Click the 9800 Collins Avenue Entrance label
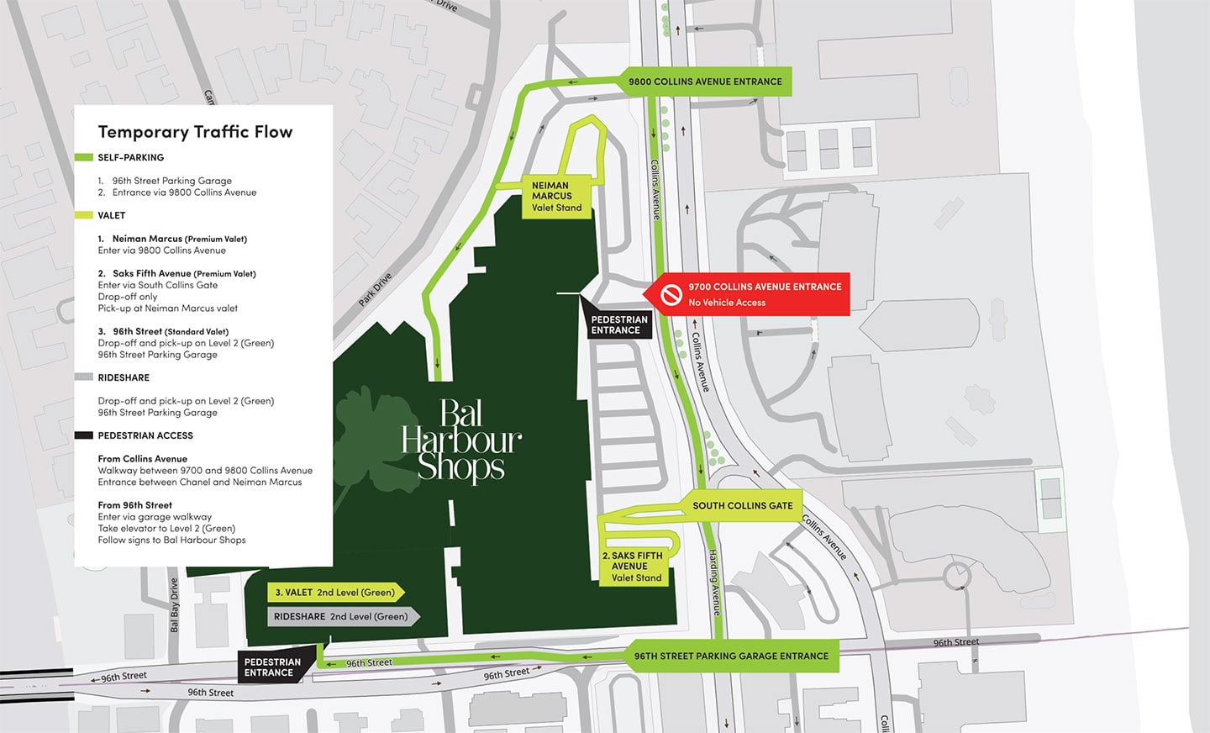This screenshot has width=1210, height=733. coord(705,82)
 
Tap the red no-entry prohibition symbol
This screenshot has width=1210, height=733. coord(671,294)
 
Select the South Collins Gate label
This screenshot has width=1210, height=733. coord(742,506)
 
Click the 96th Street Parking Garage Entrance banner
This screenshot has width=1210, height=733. coord(731,656)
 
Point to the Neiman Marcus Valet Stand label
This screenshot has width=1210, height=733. coord(555,197)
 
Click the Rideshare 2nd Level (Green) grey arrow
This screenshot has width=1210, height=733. coord(341,616)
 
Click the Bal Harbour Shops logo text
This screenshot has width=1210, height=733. coord(461,440)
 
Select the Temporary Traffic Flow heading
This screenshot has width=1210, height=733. coord(195,132)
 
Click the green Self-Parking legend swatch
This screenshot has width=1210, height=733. coord(83,157)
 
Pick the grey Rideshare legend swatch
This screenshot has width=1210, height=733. coord(83,377)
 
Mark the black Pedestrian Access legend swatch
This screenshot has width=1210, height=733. coord(83,435)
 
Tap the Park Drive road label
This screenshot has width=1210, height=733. coord(375,289)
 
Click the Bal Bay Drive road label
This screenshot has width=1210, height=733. coord(174,604)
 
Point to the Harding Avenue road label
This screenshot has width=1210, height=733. coord(713,582)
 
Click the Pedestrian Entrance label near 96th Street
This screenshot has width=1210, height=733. coord(272,667)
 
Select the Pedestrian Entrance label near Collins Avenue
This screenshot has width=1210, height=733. coord(619,324)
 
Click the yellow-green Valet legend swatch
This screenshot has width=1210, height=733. coord(83,215)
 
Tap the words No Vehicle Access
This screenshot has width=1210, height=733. coord(727,303)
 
